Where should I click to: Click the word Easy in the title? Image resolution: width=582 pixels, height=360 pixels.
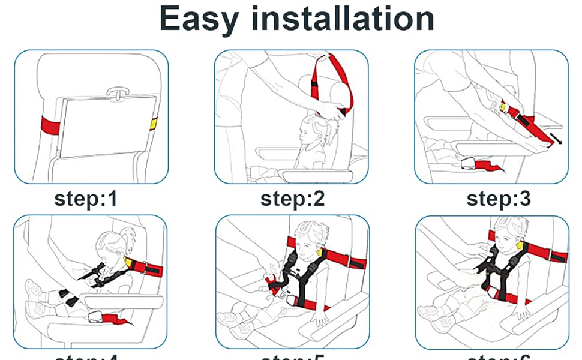pos(198,19)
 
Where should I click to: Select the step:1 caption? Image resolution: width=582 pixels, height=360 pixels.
pos(86,199)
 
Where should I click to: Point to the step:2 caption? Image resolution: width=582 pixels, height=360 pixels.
pos(292,199)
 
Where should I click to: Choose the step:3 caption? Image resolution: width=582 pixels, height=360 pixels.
pos(499,199)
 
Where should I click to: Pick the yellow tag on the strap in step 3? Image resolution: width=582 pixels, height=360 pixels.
pos(503,107)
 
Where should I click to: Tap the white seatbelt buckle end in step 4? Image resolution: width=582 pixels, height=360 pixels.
pos(94,316)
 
